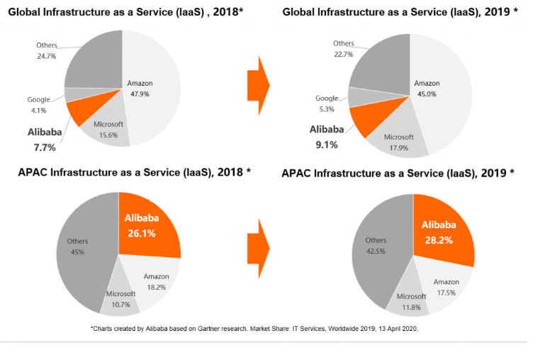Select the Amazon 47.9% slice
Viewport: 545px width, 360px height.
[152, 89]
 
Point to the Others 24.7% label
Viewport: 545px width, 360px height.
[47, 50]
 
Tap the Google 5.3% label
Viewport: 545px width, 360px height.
[327, 103]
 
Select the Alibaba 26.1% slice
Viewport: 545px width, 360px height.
[150, 224]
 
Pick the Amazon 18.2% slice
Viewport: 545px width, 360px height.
[154, 281]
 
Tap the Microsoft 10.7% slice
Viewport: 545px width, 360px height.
[120, 298]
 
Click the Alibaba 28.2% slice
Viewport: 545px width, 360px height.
[443, 230]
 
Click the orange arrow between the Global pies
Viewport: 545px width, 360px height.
[258, 86]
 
